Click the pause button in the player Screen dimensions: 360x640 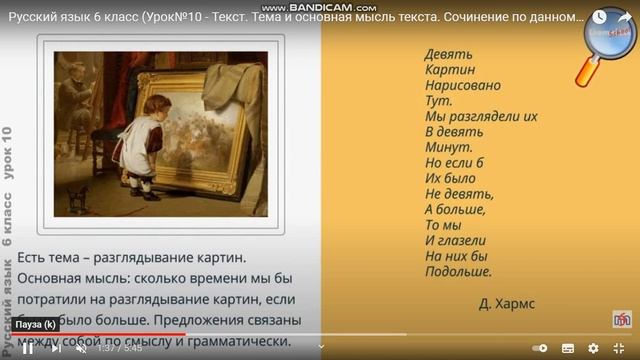[28, 348]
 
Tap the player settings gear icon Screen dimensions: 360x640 [592, 348]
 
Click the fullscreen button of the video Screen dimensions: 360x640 [619, 348]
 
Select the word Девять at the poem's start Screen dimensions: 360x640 [449, 54]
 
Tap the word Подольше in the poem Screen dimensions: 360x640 [458, 271]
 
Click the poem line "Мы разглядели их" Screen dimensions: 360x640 [481, 117]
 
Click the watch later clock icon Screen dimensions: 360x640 [598, 17]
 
